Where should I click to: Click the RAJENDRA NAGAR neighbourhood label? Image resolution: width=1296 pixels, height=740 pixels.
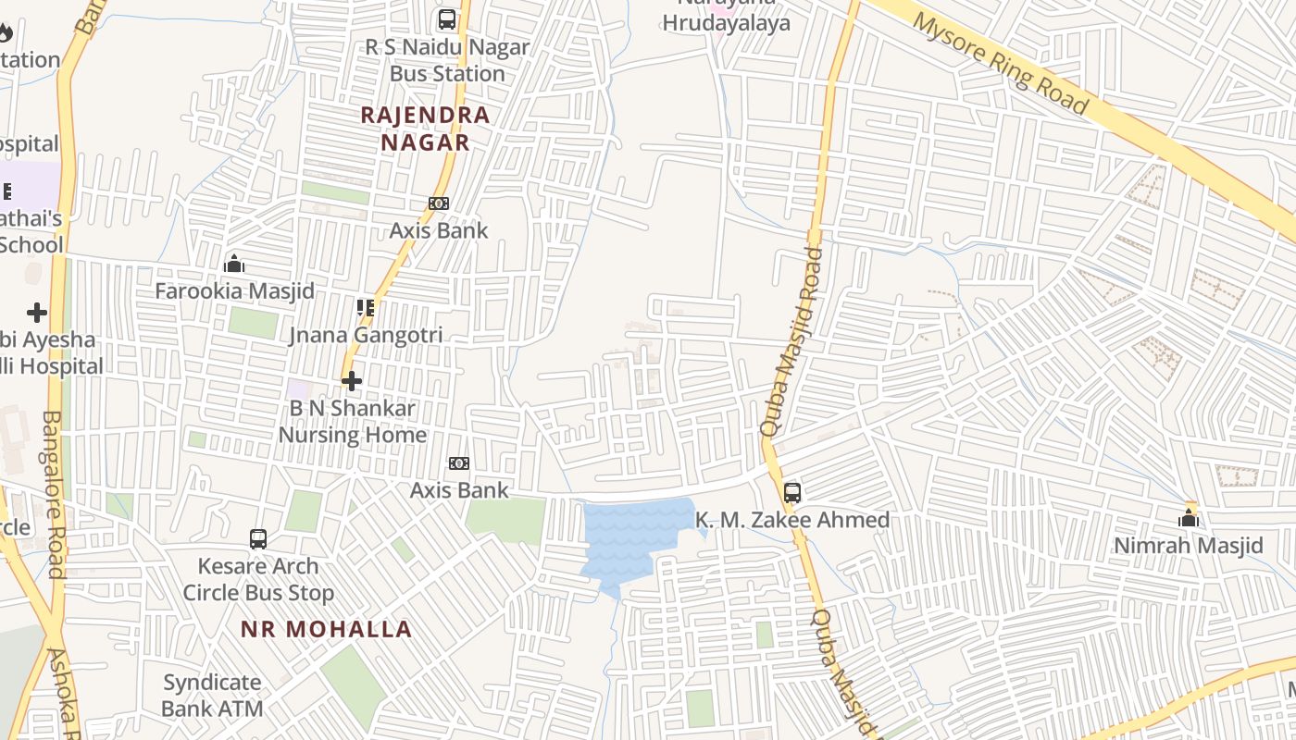click(425, 129)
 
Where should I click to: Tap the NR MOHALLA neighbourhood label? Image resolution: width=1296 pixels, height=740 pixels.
click(326, 629)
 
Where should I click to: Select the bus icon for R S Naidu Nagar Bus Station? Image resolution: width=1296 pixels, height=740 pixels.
click(447, 19)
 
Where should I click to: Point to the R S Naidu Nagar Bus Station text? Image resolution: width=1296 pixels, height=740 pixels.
click(447, 60)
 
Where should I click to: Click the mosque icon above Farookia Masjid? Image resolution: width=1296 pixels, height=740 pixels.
click(234, 265)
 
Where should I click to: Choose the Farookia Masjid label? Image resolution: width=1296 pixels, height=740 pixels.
click(234, 290)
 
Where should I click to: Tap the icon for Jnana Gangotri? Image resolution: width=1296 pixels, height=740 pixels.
click(366, 308)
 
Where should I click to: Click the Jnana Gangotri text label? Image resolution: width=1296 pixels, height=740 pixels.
click(366, 335)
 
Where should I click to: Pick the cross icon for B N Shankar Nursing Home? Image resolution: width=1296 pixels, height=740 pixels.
click(352, 380)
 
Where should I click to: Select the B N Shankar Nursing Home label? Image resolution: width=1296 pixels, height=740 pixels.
click(353, 421)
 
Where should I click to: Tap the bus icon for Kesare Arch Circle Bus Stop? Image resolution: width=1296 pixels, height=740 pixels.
click(258, 538)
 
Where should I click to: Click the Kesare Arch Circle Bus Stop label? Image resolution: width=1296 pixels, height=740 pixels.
click(258, 579)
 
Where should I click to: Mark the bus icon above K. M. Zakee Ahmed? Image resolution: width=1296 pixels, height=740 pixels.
click(792, 493)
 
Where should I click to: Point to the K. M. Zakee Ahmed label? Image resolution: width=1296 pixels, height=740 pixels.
click(792, 520)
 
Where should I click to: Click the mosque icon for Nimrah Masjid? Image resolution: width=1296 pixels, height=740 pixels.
click(1189, 518)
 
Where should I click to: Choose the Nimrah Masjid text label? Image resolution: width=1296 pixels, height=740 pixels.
click(1189, 546)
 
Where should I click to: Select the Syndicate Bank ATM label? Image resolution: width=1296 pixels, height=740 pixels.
click(212, 696)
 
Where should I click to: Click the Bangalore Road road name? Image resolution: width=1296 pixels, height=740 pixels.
click(52, 495)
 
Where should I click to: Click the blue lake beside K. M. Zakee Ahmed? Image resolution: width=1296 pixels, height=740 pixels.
click(629, 536)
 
